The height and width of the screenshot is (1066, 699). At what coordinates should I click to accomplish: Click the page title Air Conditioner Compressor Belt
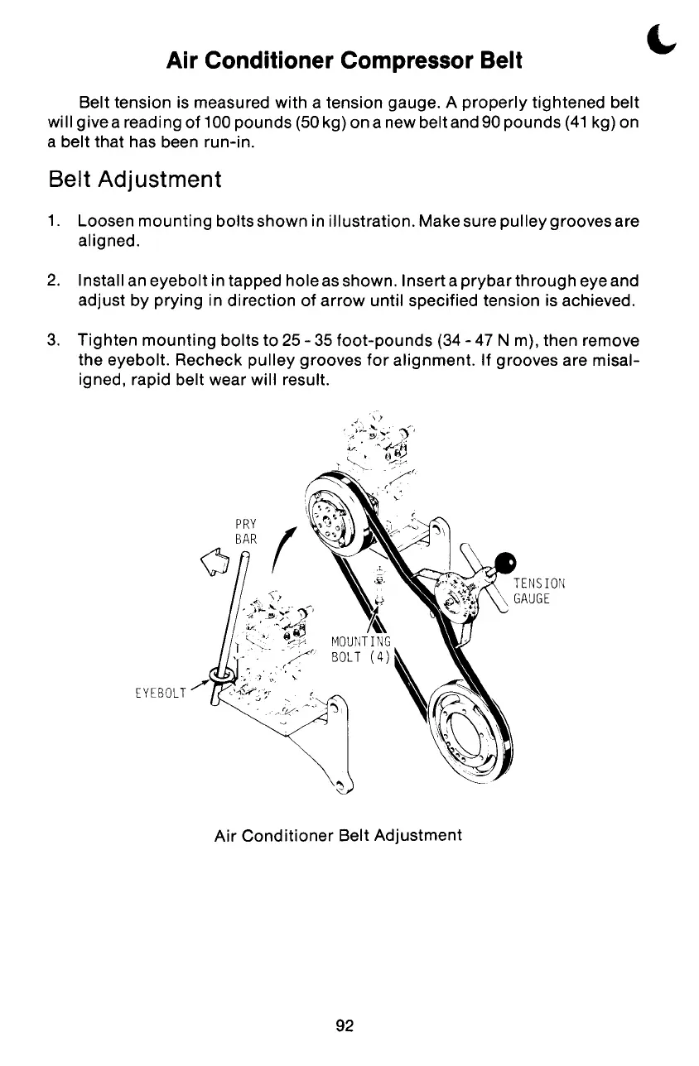[x=345, y=60]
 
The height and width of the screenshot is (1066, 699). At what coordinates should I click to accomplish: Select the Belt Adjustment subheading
[x=135, y=179]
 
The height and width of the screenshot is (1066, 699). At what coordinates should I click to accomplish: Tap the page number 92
[x=345, y=1026]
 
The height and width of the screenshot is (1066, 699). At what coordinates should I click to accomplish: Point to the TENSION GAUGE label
[x=538, y=590]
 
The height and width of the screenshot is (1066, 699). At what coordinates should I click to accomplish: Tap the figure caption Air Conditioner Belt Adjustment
[x=338, y=835]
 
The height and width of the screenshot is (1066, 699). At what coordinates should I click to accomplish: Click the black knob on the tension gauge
[x=505, y=564]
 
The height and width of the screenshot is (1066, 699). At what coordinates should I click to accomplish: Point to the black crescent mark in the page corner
[x=658, y=38]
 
